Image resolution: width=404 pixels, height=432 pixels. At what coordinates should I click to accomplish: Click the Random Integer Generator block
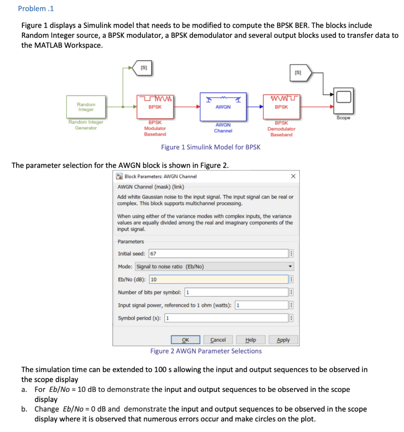click(86, 107)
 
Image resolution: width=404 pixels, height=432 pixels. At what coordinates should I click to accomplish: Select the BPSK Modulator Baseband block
click(155, 107)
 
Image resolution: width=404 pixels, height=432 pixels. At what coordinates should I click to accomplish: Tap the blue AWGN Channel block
click(223, 107)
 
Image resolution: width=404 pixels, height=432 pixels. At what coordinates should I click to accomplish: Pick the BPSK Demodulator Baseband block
click(281, 107)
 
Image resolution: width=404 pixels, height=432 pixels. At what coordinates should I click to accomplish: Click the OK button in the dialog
click(185, 340)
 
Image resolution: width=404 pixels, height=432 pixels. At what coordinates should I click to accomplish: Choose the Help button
click(250, 340)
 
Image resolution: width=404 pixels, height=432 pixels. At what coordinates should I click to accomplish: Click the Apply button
click(283, 340)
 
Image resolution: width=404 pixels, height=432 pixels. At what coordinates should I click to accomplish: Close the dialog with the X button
click(294, 176)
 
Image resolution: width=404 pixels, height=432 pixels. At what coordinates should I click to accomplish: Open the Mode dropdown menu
click(214, 267)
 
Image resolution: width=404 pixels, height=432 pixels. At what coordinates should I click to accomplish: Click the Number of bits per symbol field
click(236, 292)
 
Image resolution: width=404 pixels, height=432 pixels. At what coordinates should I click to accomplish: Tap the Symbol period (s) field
click(226, 318)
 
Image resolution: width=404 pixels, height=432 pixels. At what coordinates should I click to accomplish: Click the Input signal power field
click(261, 305)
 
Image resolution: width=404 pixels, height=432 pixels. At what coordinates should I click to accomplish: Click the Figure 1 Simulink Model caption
click(211, 147)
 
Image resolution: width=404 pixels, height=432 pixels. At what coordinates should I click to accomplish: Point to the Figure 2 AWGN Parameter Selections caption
click(206, 351)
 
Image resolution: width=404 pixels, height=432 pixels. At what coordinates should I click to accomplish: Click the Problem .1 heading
click(36, 8)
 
